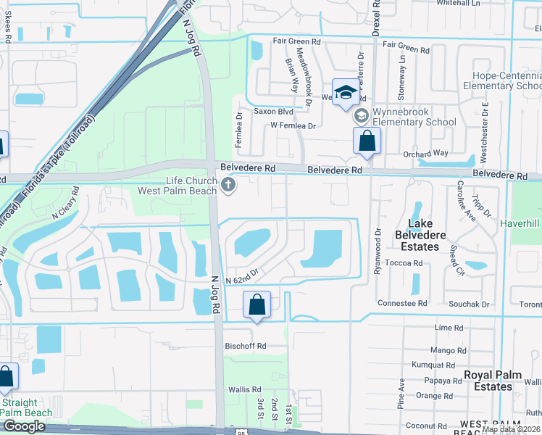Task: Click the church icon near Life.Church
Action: [x=228, y=186]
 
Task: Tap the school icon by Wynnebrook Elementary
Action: [x=361, y=116]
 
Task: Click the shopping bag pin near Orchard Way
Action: [x=367, y=141]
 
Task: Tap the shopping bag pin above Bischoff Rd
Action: [x=257, y=305]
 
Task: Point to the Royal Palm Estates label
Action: [x=488, y=381]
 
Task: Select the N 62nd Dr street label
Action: [x=241, y=280]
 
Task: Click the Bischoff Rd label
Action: [x=246, y=346]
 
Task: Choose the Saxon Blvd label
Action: [x=273, y=112]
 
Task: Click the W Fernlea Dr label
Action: [x=293, y=125]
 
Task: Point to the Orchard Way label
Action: [x=425, y=154]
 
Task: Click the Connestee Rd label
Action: [x=402, y=303]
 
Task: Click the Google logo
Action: [x=24, y=426]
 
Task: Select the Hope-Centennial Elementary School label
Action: [x=506, y=80]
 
